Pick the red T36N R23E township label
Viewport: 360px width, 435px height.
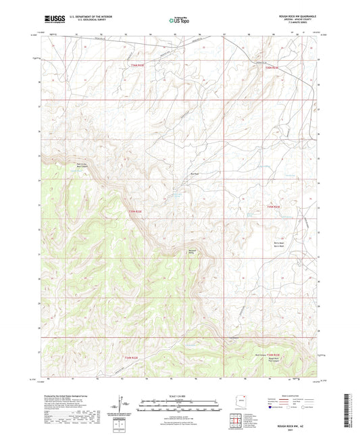click(272, 68)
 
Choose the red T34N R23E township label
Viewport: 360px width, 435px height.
click(272, 354)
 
